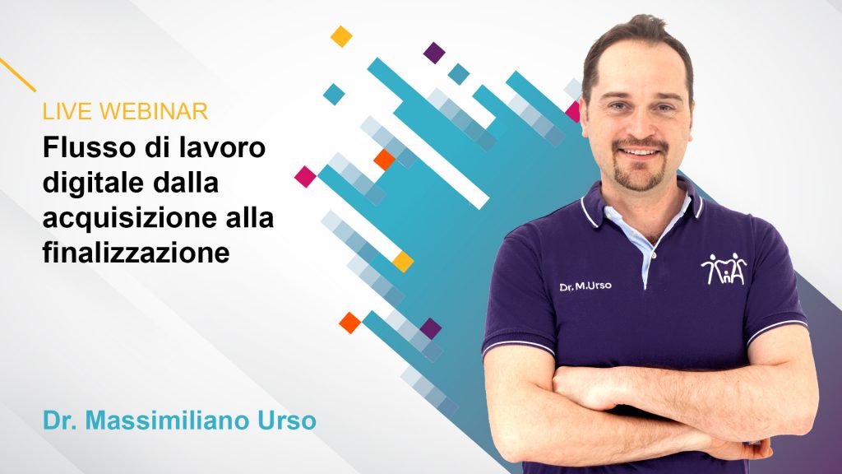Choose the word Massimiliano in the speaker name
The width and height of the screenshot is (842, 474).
point(173,421)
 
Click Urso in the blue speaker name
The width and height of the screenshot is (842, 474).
point(285,421)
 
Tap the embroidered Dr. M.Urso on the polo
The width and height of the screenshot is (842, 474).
point(585,286)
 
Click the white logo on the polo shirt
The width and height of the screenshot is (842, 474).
point(724,269)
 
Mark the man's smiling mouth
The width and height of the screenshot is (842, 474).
point(641,153)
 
